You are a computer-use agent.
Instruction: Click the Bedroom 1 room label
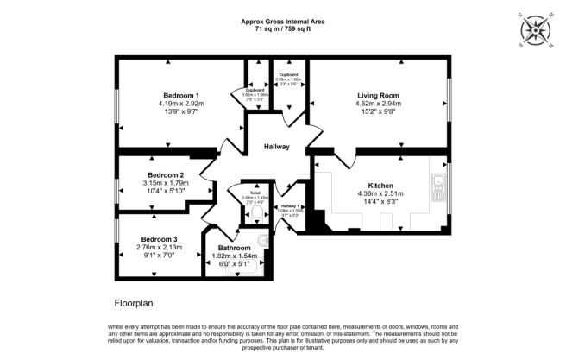[x=180, y=95]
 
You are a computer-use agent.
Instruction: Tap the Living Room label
[x=379, y=95]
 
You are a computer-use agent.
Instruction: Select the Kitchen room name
[x=380, y=185]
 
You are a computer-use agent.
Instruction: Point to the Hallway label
[x=276, y=147]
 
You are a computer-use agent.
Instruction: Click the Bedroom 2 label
[x=166, y=174]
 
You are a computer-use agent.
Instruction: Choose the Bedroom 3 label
[x=159, y=238]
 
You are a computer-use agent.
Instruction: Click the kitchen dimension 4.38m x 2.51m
[x=380, y=193]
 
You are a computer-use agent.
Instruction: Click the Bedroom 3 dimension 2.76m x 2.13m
[x=159, y=247]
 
